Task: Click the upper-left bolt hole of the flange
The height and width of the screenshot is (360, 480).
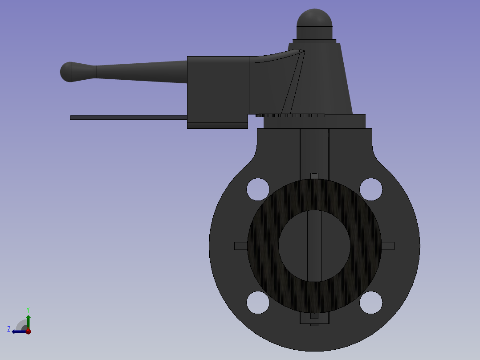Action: click(258, 189)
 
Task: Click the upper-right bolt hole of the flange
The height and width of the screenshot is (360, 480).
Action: click(371, 189)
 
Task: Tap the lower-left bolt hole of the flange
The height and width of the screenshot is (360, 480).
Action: click(258, 303)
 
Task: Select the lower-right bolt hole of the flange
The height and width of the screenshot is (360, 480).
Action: click(371, 303)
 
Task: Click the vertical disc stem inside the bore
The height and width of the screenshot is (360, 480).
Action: click(314, 246)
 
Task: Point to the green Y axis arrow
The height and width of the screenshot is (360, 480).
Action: click(28, 320)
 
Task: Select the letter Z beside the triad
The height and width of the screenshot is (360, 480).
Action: click(9, 329)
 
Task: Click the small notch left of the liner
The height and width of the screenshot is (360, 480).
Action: click(240, 246)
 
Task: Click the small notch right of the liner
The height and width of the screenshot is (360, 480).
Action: click(388, 246)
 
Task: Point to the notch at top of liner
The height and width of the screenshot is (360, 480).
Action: click(314, 176)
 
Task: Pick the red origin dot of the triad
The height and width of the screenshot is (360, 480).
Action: click(28, 331)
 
